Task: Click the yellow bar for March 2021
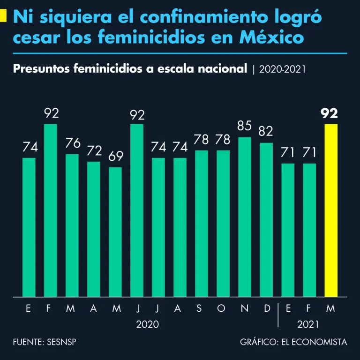click(x=331, y=210)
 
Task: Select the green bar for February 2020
click(x=51, y=210)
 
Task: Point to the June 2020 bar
click(x=137, y=210)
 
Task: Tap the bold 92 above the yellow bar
click(x=331, y=113)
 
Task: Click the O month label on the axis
click(x=223, y=308)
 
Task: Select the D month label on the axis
click(x=266, y=308)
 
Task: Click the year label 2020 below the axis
click(x=147, y=324)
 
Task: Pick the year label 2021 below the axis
click(x=307, y=324)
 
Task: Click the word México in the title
click(x=272, y=37)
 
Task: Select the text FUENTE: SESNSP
click(x=45, y=342)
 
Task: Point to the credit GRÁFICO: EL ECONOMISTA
click(x=293, y=342)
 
